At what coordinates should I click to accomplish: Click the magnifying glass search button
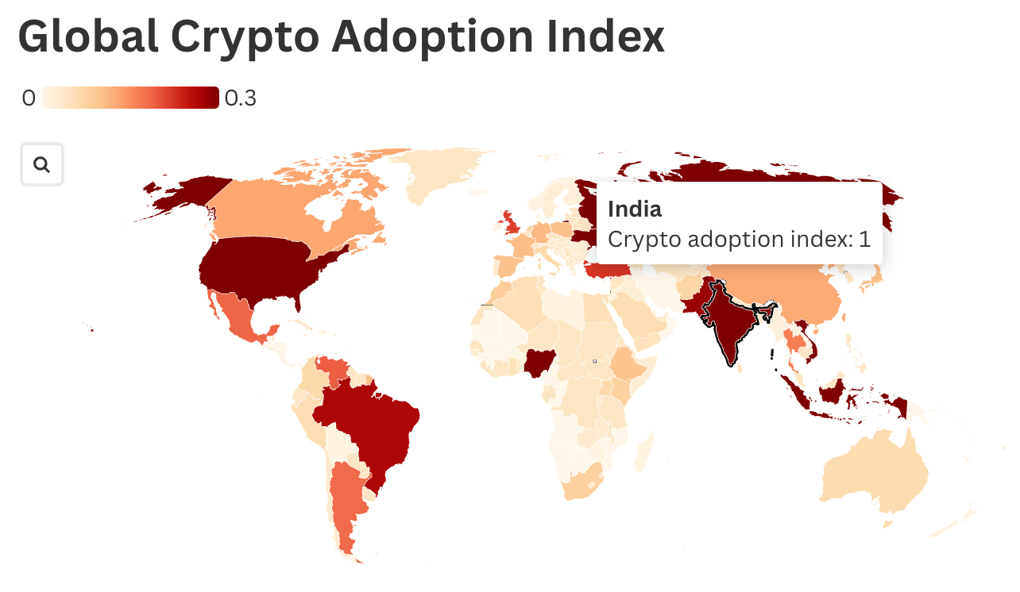coord(41,165)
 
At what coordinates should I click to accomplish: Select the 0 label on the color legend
coord(29,98)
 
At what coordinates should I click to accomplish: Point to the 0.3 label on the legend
coord(240,98)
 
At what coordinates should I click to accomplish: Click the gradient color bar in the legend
coord(129,98)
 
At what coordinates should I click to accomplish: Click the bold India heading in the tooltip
coord(634,209)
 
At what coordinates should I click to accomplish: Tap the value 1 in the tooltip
coord(864,238)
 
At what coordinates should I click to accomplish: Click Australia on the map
coord(874,468)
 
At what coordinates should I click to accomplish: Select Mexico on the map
coord(238,317)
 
